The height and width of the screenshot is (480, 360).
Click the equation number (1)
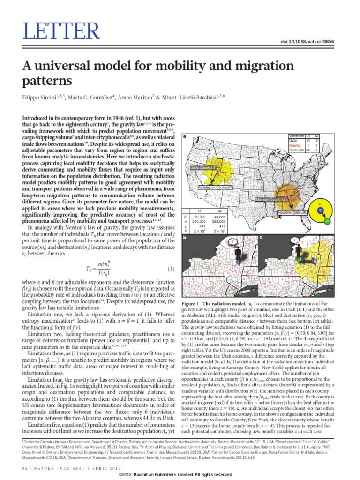click(171, 269)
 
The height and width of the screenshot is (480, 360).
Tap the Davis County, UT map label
click(202, 167)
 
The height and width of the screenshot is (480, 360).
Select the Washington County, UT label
click(216, 187)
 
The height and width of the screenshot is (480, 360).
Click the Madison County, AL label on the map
click(270, 199)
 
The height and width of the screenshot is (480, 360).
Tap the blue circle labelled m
click(320, 211)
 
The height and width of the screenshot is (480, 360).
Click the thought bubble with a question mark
click(230, 242)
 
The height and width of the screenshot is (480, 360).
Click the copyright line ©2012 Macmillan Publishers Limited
click(180, 474)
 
